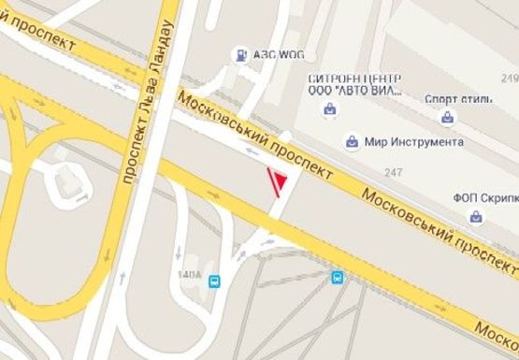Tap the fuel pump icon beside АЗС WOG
(x=242, y=55)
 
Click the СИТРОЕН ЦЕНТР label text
(x=354, y=78)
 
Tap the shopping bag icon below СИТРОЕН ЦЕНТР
(x=329, y=110)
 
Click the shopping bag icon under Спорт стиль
(x=448, y=119)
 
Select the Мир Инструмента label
(x=413, y=142)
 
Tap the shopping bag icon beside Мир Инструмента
(x=352, y=142)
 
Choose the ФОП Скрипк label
(x=485, y=197)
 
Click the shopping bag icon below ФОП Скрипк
(x=476, y=217)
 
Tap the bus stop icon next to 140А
(x=215, y=280)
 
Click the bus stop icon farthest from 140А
(x=337, y=277)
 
